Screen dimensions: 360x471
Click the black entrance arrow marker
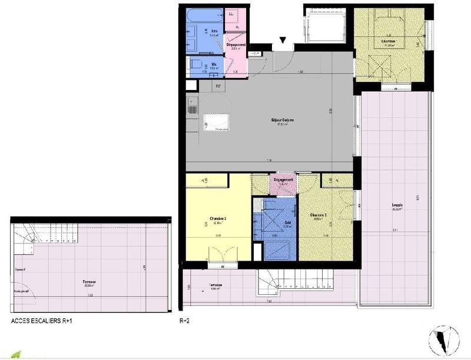coord(283,41)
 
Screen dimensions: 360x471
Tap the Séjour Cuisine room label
coord(282,121)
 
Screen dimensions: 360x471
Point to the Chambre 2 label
coord(318,215)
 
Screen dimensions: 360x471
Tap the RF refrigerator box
coord(218,86)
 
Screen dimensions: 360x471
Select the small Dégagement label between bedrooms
coord(281,181)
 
